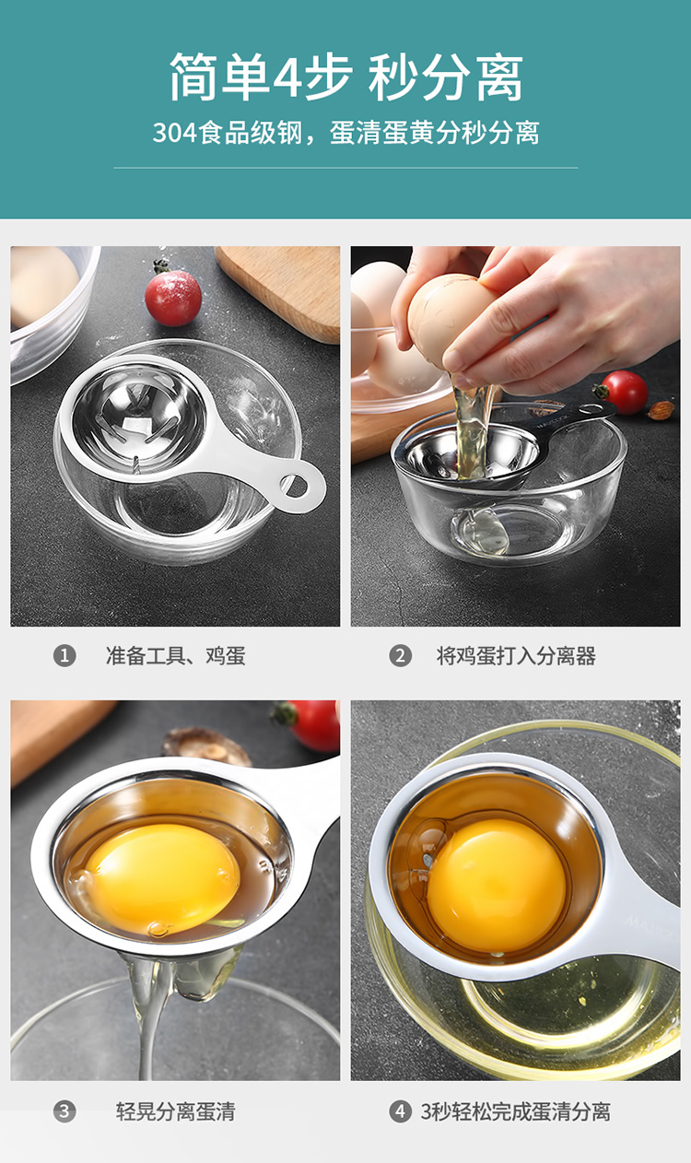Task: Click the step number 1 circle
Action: (x=64, y=656)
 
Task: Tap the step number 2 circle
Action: (x=400, y=656)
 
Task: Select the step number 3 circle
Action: (x=64, y=1111)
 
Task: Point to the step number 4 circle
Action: (x=400, y=1111)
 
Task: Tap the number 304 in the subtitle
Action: (x=175, y=133)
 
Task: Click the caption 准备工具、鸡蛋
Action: (x=175, y=656)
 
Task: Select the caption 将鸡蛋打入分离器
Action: (x=516, y=656)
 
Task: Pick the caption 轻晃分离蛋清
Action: (x=175, y=1111)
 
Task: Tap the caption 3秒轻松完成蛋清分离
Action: (x=516, y=1111)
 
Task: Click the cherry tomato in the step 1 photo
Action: (x=173, y=297)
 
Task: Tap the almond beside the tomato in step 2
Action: (x=661, y=410)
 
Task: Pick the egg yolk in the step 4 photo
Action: (x=498, y=886)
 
